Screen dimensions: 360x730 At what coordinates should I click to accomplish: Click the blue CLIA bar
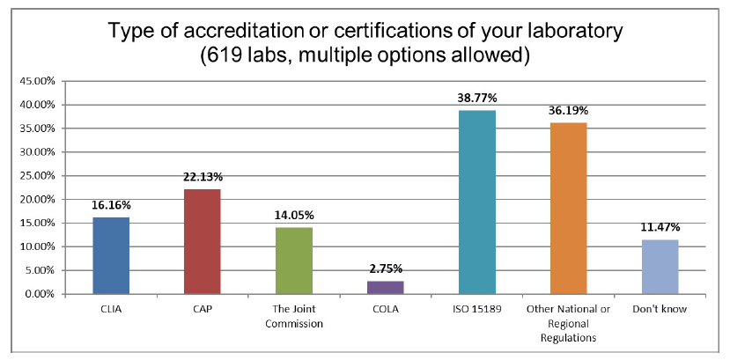coord(111,255)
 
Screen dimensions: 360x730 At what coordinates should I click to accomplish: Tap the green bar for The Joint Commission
coord(294,261)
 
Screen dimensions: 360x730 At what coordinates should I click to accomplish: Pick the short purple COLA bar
coord(386,287)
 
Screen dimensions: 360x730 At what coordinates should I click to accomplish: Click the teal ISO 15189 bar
coord(477,202)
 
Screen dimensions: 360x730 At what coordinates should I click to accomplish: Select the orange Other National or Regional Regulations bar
coord(569,208)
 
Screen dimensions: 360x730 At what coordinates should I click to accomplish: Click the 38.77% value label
coord(477,99)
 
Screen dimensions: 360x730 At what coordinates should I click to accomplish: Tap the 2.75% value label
coord(386,269)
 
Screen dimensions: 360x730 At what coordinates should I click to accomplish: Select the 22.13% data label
coord(203,178)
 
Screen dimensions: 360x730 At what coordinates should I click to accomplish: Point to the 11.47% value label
coord(660,228)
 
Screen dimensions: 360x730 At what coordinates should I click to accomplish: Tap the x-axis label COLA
coord(386,310)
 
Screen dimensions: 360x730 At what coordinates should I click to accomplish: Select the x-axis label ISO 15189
coord(477,310)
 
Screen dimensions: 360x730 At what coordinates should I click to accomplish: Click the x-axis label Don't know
coord(660,310)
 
